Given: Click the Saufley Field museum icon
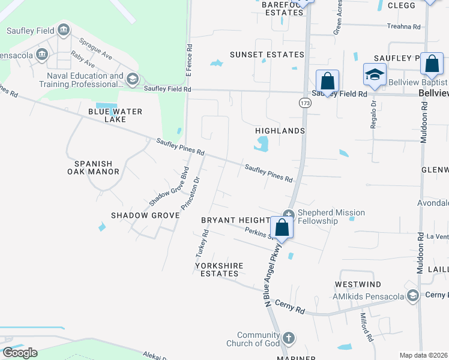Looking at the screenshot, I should click(64, 31).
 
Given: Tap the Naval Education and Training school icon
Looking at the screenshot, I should click(133, 79).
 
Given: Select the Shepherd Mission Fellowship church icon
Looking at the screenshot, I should click(288, 214).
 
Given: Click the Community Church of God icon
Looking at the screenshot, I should click(288, 338).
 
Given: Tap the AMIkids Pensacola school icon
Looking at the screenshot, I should click(412, 295).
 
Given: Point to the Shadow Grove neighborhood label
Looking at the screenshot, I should click(145, 215).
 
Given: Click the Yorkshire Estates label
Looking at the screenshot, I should click(216, 269).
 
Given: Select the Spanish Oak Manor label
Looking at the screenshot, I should click(97, 167).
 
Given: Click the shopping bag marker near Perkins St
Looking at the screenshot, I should click(282, 228).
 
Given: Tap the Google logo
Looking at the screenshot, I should click(19, 353).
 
